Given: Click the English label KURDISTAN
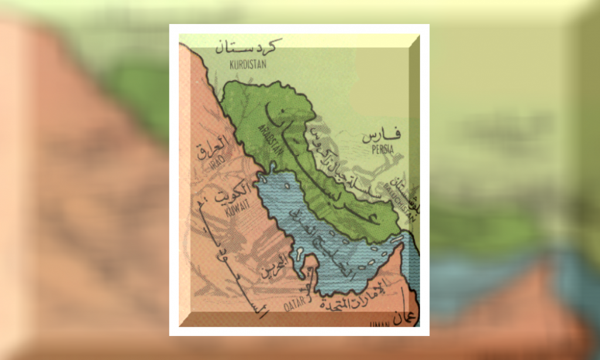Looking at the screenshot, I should click(241, 63).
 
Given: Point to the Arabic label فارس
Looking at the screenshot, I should click(381, 135).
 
